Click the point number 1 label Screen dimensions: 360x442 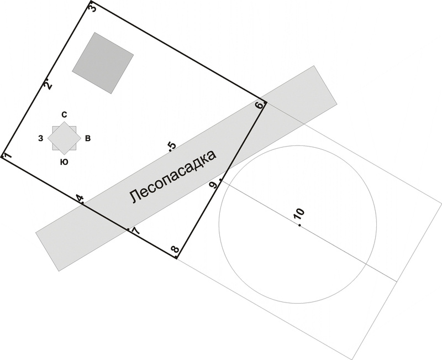tap(7, 156)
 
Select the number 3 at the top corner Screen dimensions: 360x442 tap(92, 8)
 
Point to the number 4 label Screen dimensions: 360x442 tap(80, 199)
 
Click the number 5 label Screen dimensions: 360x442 tap(172, 145)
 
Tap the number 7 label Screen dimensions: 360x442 tap(135, 230)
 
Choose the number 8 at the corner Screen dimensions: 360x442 tap(175, 251)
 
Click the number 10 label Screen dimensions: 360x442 tap(299, 215)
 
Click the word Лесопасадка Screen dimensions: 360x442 tap(172, 176)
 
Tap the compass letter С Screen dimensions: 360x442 tap(64, 114)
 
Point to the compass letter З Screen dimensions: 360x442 tap(40, 138)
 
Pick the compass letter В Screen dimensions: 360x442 tap(88, 138)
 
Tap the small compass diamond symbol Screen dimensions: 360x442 tap(63, 138)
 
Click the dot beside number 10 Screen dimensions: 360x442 tap(299, 226)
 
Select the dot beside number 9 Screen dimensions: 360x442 tap(221, 180)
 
